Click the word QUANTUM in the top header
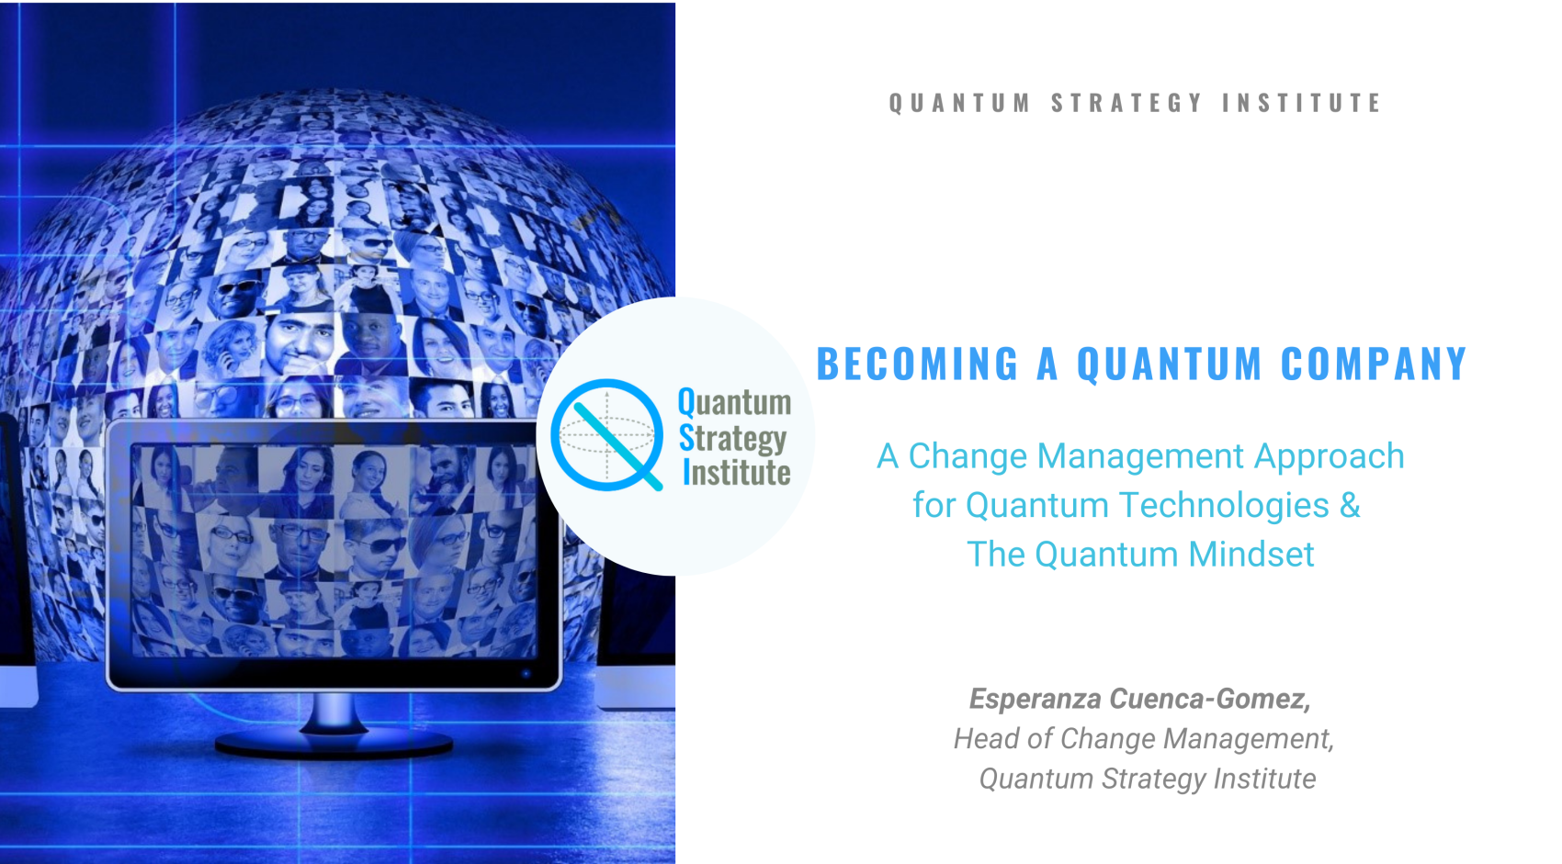tap(959, 103)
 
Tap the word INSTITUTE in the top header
tap(1301, 103)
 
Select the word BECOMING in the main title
tap(917, 365)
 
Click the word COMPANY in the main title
tap(1374, 365)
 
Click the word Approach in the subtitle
tap(1330, 456)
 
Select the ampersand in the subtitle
tap(1350, 506)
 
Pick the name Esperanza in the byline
tap(1035, 700)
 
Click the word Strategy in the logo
tap(732, 439)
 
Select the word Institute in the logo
tap(736, 473)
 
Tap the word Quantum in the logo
tap(734, 402)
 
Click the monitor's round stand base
tap(333, 743)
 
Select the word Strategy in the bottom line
tap(1153, 780)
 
